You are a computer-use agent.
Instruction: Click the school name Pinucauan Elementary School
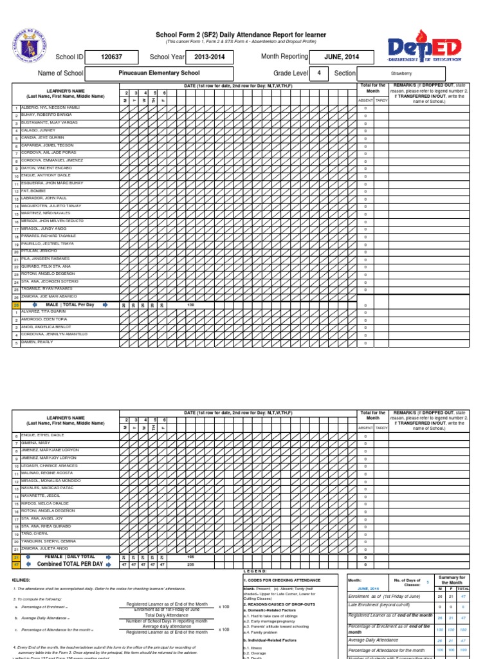point(160,73)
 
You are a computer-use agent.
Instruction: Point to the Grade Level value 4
point(318,73)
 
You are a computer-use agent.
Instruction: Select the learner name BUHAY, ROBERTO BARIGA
point(46,115)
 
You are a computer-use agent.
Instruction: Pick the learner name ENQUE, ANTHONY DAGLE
point(46,175)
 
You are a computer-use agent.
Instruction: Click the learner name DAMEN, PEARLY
point(37,342)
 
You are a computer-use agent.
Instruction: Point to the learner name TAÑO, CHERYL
point(36,534)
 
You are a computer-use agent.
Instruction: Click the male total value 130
point(190,305)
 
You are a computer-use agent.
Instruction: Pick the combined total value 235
point(190,564)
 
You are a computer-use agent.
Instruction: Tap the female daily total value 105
point(190,556)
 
